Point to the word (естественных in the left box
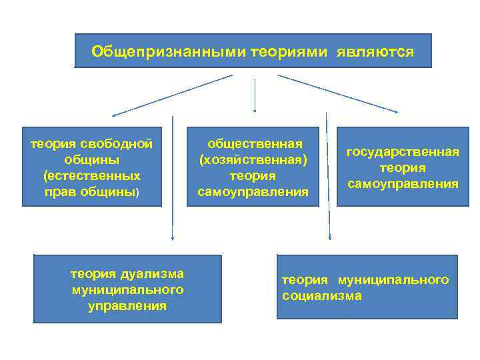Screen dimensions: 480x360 point(91,176)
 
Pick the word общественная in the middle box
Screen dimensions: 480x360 point(255,143)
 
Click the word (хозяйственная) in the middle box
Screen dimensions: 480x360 point(253,160)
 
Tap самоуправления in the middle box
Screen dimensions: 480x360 point(253,193)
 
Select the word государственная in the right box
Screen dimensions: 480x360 point(403,152)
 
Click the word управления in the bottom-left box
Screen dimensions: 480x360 point(127,306)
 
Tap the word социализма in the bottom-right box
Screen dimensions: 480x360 point(322,296)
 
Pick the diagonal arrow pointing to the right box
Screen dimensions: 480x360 point(337,93)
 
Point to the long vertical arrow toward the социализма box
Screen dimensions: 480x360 point(329,180)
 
